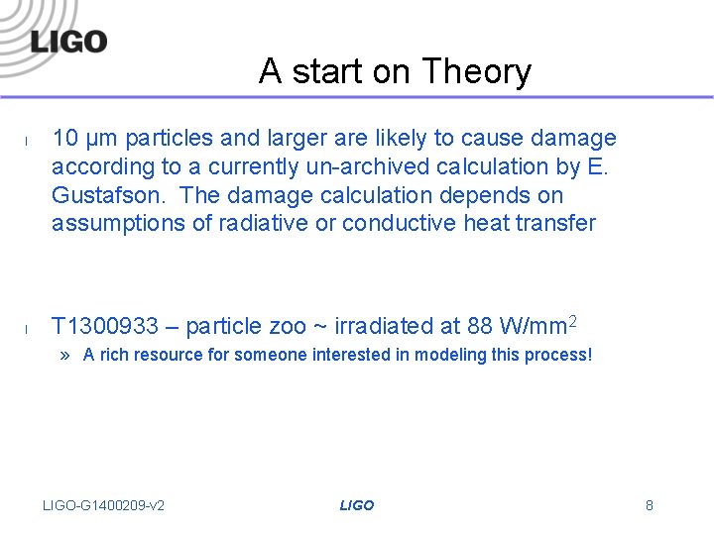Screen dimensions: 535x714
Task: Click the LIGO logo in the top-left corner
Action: (x=68, y=41)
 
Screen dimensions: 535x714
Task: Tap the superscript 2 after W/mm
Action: (x=573, y=321)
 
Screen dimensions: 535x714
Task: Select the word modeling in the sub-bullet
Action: (x=448, y=355)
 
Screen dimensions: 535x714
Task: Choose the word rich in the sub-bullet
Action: (x=113, y=355)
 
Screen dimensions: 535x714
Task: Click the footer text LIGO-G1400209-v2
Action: (x=104, y=505)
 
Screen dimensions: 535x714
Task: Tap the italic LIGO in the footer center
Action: (x=357, y=505)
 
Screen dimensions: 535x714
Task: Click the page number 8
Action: (x=650, y=505)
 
